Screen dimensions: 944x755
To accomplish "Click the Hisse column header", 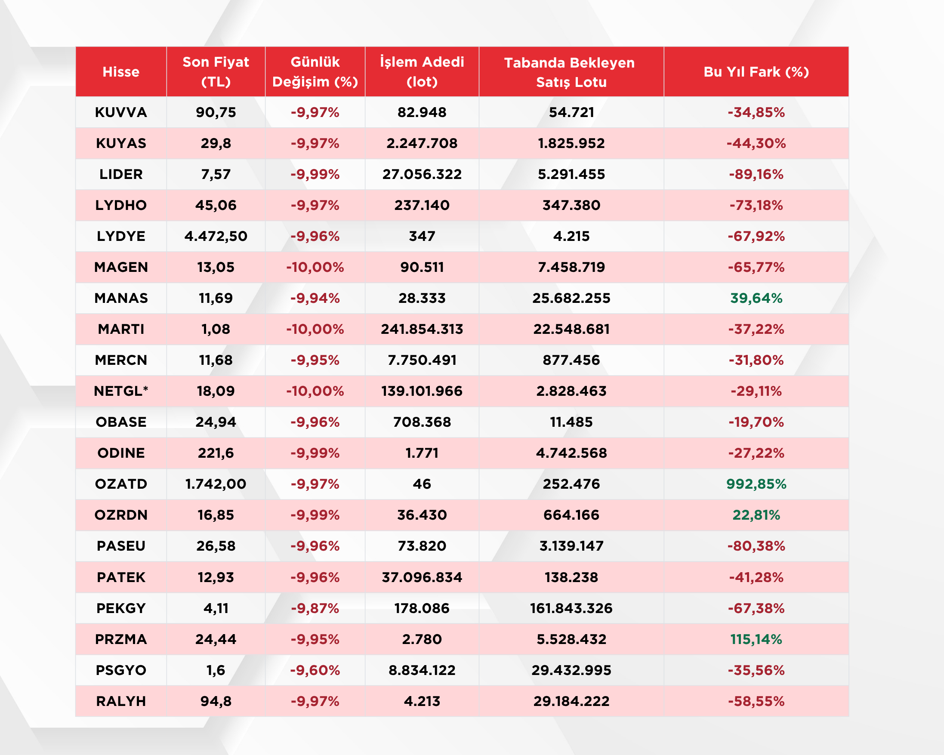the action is click(121, 72).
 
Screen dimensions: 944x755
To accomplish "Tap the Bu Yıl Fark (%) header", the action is click(756, 72).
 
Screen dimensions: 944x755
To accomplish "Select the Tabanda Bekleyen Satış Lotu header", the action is click(570, 72).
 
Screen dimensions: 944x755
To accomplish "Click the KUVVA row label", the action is click(121, 112).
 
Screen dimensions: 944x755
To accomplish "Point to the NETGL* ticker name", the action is click(121, 391).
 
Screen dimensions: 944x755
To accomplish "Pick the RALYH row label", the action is click(121, 701).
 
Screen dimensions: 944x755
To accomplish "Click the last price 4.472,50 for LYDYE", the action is click(216, 236).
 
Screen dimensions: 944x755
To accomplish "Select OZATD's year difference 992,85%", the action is click(756, 484).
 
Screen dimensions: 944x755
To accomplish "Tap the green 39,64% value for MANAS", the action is click(756, 298).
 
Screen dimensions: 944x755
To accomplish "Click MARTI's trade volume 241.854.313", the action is click(422, 329).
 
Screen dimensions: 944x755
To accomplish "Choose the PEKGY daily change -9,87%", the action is click(315, 608).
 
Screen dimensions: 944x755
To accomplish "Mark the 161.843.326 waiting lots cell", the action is click(571, 608).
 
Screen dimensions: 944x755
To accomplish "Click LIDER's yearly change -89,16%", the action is click(756, 174).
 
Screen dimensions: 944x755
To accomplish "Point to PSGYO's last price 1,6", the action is click(216, 670).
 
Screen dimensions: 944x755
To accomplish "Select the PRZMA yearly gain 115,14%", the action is click(756, 639).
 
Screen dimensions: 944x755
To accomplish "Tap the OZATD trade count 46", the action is click(422, 484).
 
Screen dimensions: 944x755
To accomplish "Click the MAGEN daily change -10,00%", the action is click(315, 267).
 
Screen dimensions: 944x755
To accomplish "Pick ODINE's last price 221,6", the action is click(216, 453).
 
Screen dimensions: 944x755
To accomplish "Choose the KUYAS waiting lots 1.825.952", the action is click(571, 143).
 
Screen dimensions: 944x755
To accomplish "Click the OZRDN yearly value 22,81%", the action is click(756, 515).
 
